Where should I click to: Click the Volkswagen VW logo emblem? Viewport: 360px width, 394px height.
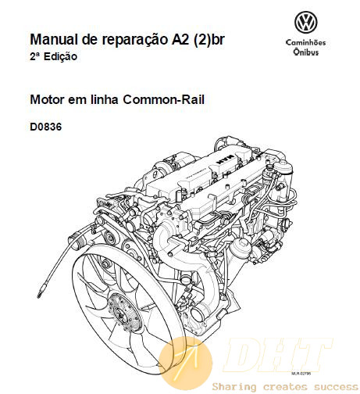coord(306,22)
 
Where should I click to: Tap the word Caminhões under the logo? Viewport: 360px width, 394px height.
coord(306,42)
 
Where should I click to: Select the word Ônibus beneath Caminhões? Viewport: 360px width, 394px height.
coord(306,52)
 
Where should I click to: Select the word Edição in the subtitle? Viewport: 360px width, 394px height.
coord(60,56)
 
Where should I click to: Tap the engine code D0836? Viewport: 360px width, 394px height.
coord(46,127)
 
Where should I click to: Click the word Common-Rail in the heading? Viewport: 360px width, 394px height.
coord(163,99)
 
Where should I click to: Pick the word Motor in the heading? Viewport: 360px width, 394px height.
coord(48,99)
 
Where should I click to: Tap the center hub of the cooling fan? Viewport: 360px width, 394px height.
coord(122,314)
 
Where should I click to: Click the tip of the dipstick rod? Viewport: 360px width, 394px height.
coord(39,296)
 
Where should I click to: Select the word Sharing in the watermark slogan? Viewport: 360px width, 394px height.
coord(234,387)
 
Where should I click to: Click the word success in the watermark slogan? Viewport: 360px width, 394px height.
coord(336,386)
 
